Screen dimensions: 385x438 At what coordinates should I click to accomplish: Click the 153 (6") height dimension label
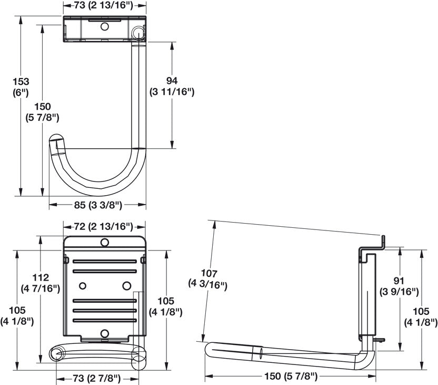pos(22,88)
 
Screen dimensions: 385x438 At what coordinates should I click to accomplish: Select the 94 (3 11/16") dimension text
pos(172,86)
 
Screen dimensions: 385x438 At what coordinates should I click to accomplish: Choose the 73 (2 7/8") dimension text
pos(89,378)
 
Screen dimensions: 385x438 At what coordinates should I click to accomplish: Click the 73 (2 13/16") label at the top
pos(104,5)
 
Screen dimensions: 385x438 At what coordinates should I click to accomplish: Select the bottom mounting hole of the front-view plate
pos(104,333)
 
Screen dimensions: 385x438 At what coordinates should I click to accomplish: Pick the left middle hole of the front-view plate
pos(82,285)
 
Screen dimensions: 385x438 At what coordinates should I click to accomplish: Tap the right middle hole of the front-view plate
pos(126,285)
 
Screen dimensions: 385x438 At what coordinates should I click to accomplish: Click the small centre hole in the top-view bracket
pos(104,26)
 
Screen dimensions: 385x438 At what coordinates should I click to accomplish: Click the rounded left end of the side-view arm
pos(210,349)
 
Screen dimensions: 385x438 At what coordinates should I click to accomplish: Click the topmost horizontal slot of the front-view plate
pos(104,261)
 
